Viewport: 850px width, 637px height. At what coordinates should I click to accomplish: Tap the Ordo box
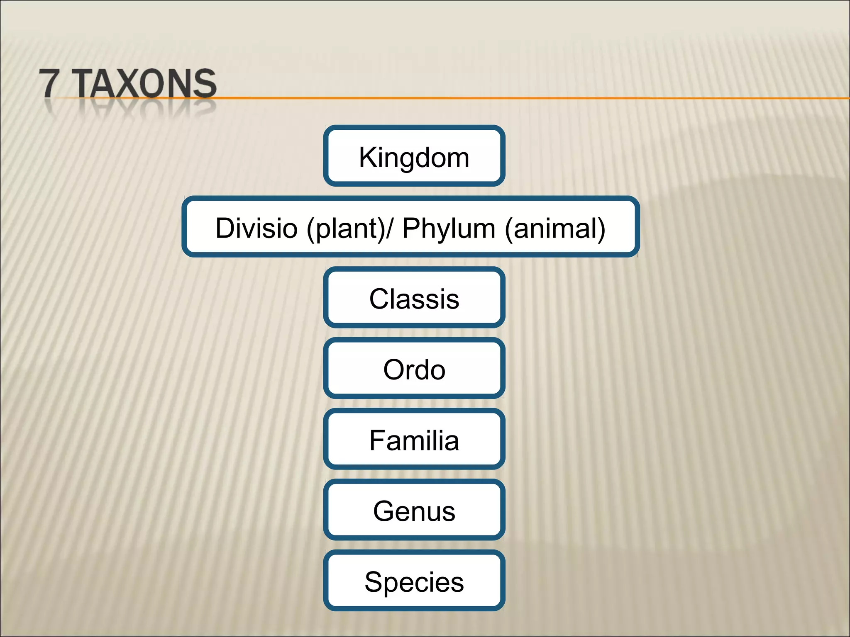(x=414, y=369)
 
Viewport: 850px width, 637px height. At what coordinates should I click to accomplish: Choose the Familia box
(x=414, y=440)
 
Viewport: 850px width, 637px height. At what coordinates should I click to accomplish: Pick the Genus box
(x=414, y=511)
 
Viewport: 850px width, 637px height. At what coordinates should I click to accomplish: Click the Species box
(x=414, y=581)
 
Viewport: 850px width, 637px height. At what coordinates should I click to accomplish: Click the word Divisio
(x=256, y=228)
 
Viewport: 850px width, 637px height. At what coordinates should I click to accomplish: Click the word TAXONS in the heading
(x=146, y=83)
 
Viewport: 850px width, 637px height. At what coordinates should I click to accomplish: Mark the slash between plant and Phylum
(x=389, y=228)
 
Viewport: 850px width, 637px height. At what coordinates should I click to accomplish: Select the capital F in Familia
(x=377, y=440)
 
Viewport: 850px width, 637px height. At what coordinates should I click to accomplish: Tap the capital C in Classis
(x=380, y=299)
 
